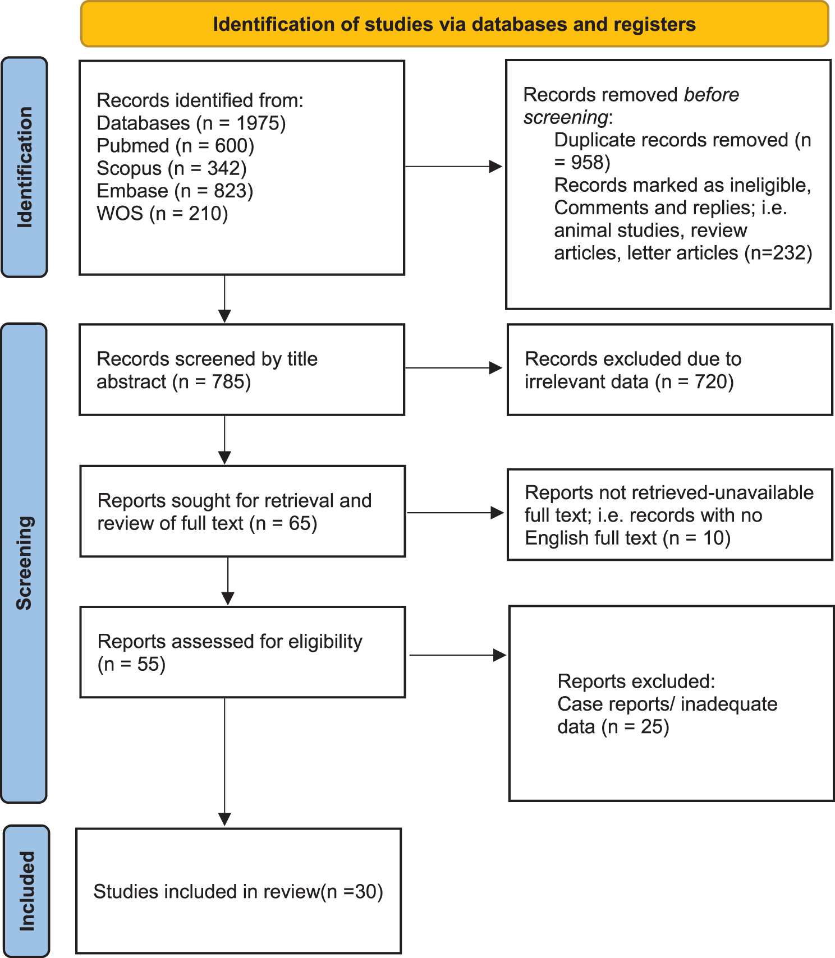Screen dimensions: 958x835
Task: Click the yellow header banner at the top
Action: (455, 24)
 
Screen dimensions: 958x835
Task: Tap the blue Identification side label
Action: (24, 167)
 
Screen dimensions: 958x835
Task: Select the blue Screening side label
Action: (24, 563)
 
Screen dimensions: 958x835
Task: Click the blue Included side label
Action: (26, 891)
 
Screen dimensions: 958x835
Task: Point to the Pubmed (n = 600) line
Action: (175, 146)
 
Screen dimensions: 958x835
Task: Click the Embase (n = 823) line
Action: (175, 191)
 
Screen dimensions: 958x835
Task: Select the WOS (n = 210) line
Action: (162, 214)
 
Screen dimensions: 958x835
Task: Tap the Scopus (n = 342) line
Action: (171, 168)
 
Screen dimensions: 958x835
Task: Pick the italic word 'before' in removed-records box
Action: (711, 95)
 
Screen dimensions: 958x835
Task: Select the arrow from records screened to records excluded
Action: (453, 368)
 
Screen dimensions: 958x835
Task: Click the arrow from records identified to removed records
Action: (453, 167)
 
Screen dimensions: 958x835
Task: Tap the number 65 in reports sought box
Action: (300, 523)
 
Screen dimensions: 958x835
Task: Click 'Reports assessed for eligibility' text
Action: (230, 642)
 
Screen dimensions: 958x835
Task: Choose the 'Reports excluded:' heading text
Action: (636, 681)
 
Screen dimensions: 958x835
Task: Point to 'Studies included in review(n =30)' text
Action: (238, 892)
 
